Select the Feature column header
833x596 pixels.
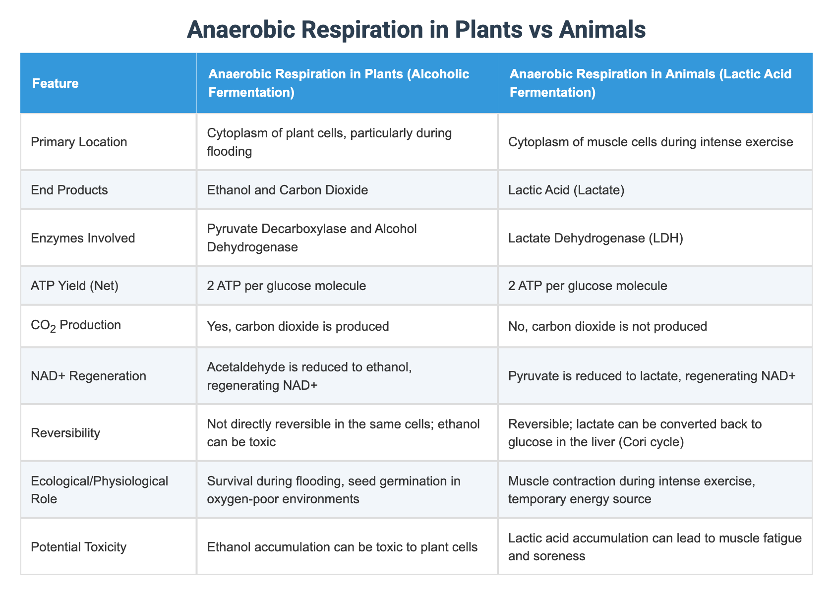pos(55,83)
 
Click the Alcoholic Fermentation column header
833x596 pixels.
pos(339,83)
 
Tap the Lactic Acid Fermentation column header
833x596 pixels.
pos(650,83)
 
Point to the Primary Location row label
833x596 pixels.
pos(79,142)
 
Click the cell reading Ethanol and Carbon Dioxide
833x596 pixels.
pos(288,190)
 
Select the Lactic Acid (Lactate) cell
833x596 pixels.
pos(566,190)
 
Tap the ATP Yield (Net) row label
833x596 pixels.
pos(74,286)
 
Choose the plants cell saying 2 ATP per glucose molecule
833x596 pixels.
pos(287,286)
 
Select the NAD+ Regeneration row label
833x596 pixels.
pos(88,376)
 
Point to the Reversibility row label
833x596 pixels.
pos(65,433)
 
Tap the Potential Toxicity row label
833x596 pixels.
pos(78,547)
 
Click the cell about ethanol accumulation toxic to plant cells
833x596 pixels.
pos(342,547)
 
